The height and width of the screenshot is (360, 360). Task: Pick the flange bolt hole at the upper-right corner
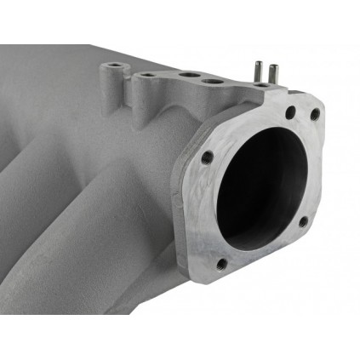[x=315, y=114]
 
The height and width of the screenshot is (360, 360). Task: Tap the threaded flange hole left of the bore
[x=207, y=157]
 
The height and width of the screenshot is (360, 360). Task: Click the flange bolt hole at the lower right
[x=304, y=222]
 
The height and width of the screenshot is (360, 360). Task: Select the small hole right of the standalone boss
[x=147, y=76]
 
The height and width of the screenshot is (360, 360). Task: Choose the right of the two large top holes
[x=207, y=83]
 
